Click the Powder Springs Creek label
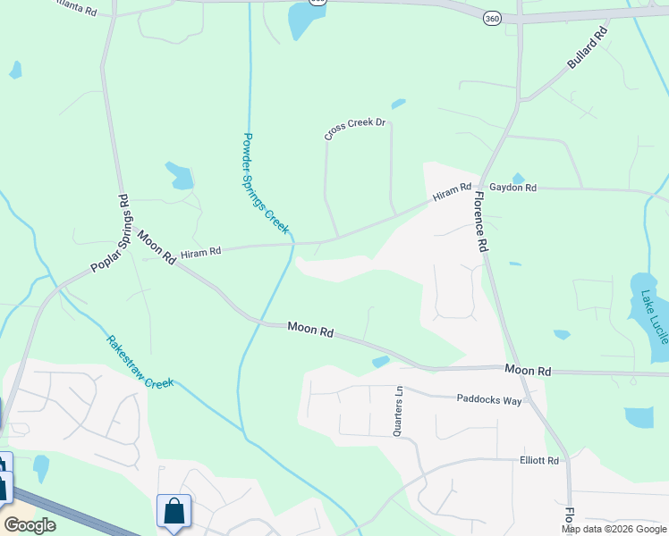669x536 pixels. pyautogui.click(x=266, y=185)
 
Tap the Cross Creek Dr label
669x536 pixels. pyautogui.click(x=354, y=129)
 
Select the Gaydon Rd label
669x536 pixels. pyautogui.click(x=519, y=188)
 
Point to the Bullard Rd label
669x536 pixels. pyautogui.click(x=588, y=49)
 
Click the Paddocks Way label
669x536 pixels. pyautogui.click(x=488, y=400)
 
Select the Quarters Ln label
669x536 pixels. pyautogui.click(x=398, y=410)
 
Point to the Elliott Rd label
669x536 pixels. pyautogui.click(x=538, y=461)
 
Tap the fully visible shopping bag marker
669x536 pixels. pyautogui.click(x=174, y=512)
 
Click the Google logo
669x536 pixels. pyautogui.click(x=30, y=525)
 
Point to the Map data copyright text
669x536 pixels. pyautogui.click(x=614, y=529)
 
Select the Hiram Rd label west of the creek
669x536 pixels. pyautogui.click(x=200, y=253)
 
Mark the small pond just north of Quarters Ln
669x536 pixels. pyautogui.click(x=380, y=362)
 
